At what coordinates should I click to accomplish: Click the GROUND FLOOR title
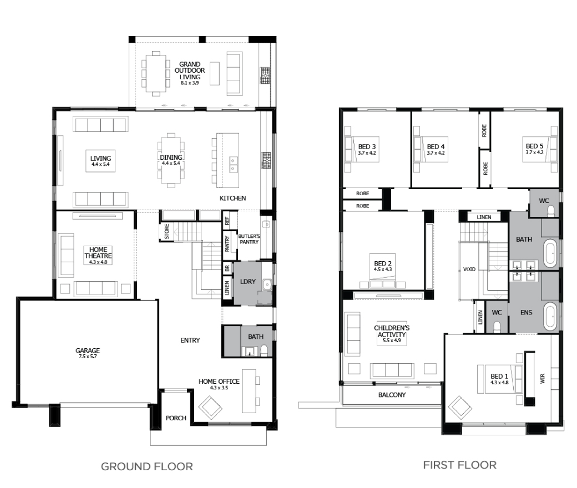point(147,467)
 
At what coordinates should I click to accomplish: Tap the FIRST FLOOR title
point(459,465)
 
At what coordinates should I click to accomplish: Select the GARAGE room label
point(88,350)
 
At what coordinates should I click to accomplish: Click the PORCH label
point(176,418)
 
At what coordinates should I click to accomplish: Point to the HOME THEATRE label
point(98,253)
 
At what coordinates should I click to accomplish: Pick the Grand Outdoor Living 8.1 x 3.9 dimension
point(190,83)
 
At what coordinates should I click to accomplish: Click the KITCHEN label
point(232,198)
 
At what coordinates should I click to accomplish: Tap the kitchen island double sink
point(234,164)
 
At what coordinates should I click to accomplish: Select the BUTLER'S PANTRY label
point(249,239)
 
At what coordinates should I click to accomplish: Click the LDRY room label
point(247,282)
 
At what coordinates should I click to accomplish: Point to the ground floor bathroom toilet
point(264,350)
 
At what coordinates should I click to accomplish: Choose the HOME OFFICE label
point(219,382)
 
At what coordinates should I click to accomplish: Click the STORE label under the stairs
point(166,231)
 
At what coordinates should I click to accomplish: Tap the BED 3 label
point(367,147)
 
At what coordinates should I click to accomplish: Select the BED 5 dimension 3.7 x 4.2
point(534,152)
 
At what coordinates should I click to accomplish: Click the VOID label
point(469,269)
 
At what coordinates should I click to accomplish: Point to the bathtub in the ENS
point(550,315)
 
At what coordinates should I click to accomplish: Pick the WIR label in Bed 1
point(543,379)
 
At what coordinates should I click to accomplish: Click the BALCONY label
point(392,395)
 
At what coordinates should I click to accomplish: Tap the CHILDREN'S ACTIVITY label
point(392,331)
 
